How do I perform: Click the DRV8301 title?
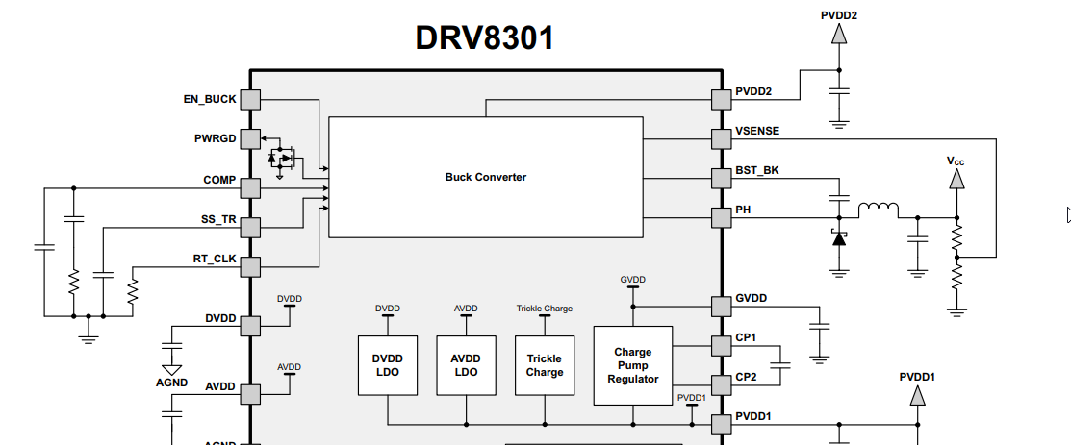pyautogui.click(x=484, y=38)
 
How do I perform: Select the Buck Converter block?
pyautogui.click(x=486, y=177)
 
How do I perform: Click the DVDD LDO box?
pyautogui.click(x=388, y=365)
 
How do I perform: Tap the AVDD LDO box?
pyautogui.click(x=466, y=365)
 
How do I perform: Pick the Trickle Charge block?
pyautogui.click(x=545, y=365)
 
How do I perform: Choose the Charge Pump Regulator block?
pyautogui.click(x=633, y=365)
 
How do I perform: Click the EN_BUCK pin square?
pyautogui.click(x=250, y=99)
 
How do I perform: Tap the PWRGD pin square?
pyautogui.click(x=250, y=139)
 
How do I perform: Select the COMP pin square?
pyautogui.click(x=250, y=187)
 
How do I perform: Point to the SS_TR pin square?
pyautogui.click(x=250, y=228)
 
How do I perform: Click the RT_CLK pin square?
pyautogui.click(x=250, y=267)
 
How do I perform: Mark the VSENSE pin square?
pyautogui.click(x=722, y=139)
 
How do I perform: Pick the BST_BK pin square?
pyautogui.click(x=722, y=179)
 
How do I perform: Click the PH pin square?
pyautogui.click(x=722, y=217)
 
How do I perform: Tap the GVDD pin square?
pyautogui.click(x=722, y=307)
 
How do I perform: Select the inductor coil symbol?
pyautogui.click(x=878, y=210)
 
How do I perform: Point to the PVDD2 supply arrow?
pyautogui.click(x=839, y=34)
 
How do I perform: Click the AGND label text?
pyautogui.click(x=172, y=382)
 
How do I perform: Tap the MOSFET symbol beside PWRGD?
pyautogui.click(x=281, y=157)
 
